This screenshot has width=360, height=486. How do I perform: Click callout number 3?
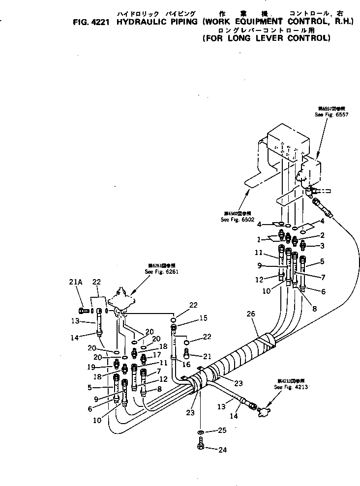coord(322,245)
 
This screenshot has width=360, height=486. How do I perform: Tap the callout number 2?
coord(322,235)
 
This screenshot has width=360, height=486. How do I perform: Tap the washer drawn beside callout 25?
coord(201,432)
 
